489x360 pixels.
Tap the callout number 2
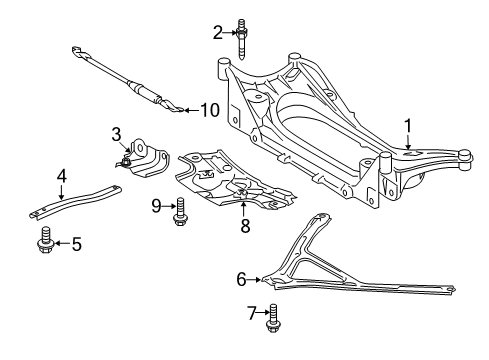[x=217, y=32]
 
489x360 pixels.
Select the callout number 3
[x=117, y=133]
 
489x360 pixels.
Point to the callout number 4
[x=61, y=175]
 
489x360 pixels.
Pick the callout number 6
[x=242, y=279]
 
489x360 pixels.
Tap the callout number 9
[x=157, y=206]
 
